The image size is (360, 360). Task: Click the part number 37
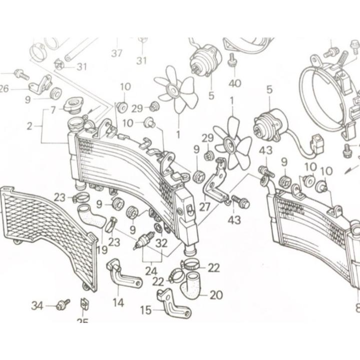(x=117, y=54)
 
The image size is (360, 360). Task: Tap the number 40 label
(x=235, y=83)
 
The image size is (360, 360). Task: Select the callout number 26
(x=5, y=89)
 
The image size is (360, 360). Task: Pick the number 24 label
(x=151, y=271)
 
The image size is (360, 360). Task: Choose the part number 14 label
(x=118, y=302)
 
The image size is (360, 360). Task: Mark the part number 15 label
(x=145, y=310)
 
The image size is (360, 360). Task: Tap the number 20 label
(x=216, y=295)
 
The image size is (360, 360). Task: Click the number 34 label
(x=38, y=305)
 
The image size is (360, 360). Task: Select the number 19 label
(x=103, y=249)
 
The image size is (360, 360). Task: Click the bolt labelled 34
(x=63, y=304)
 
